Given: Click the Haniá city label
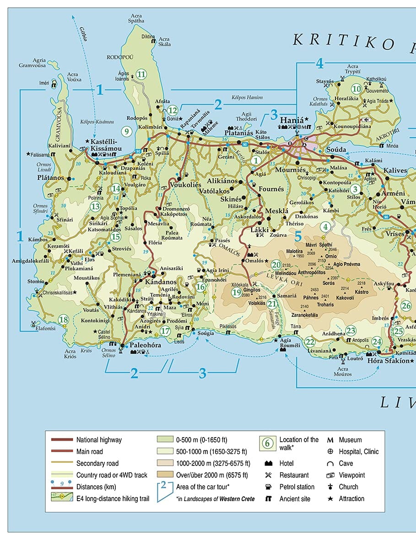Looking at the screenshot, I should (x=292, y=120).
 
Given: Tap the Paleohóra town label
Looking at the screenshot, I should (x=146, y=345).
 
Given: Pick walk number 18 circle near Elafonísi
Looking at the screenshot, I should (x=63, y=320).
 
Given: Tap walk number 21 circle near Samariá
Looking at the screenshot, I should (x=272, y=304).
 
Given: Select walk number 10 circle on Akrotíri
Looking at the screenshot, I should (x=356, y=89).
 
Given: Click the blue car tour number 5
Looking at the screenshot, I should (x=298, y=236).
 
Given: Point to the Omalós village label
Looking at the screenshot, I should (x=254, y=261).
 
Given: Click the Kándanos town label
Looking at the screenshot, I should (x=161, y=282).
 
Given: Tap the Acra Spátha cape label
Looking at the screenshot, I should (x=136, y=18).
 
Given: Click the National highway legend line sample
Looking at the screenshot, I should (x=61, y=440).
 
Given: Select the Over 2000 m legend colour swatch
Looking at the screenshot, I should (x=165, y=475).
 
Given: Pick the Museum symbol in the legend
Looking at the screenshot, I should (x=330, y=440).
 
